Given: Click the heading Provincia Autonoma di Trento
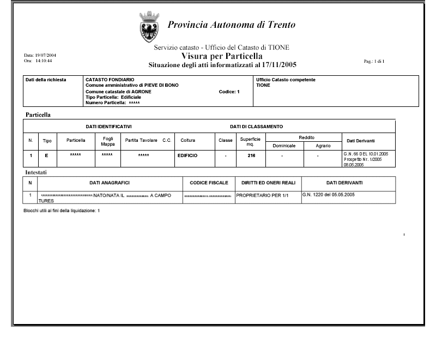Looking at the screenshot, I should point(232,25).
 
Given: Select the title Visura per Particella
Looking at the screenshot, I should point(222,56).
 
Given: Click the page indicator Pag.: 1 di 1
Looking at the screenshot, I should point(374,61).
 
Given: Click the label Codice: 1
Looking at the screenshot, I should point(228,92).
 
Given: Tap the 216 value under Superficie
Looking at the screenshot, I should point(251,156).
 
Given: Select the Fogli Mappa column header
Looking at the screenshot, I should point(108,141).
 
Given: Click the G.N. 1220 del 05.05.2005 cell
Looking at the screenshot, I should point(329,194).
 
